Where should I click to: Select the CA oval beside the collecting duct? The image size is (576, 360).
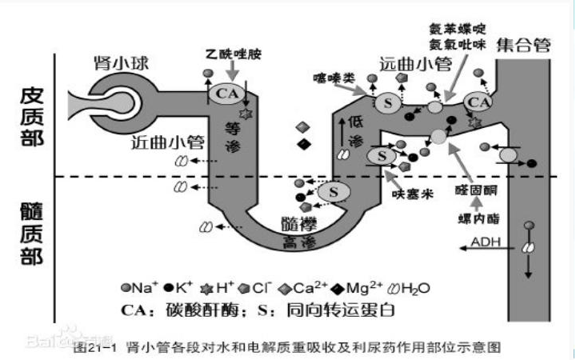coord(478,102)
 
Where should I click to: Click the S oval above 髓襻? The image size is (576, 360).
coord(332,190)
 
